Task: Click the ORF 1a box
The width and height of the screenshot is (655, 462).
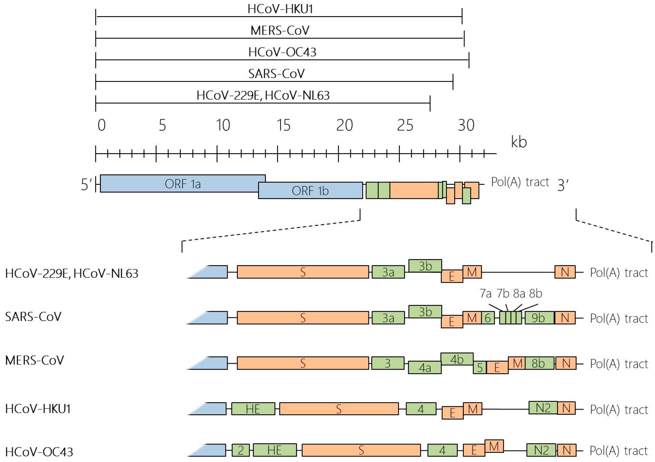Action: [183, 184]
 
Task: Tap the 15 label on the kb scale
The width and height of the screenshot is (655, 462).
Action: [283, 125]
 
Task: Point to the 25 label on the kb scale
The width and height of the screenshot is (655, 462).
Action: [405, 125]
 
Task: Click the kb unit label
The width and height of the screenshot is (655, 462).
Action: [519, 142]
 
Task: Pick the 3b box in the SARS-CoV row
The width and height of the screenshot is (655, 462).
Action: [425, 312]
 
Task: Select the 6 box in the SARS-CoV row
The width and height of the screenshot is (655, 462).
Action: [488, 318]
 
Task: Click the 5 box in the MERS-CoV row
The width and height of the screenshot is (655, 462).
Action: [480, 367]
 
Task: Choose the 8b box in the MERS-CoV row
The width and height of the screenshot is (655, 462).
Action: [539, 363]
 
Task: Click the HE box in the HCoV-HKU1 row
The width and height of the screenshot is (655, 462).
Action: [253, 409]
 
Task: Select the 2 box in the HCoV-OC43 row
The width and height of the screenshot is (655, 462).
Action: [241, 450]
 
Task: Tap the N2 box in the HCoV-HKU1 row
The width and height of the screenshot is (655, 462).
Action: [543, 408]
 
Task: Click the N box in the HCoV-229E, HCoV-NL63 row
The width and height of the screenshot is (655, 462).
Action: [565, 272]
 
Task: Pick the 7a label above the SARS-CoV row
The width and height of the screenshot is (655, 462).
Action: [485, 294]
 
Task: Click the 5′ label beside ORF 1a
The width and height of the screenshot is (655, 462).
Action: [86, 184]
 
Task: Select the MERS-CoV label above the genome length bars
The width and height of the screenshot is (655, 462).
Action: [280, 31]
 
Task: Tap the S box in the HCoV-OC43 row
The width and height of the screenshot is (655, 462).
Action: [361, 450]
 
